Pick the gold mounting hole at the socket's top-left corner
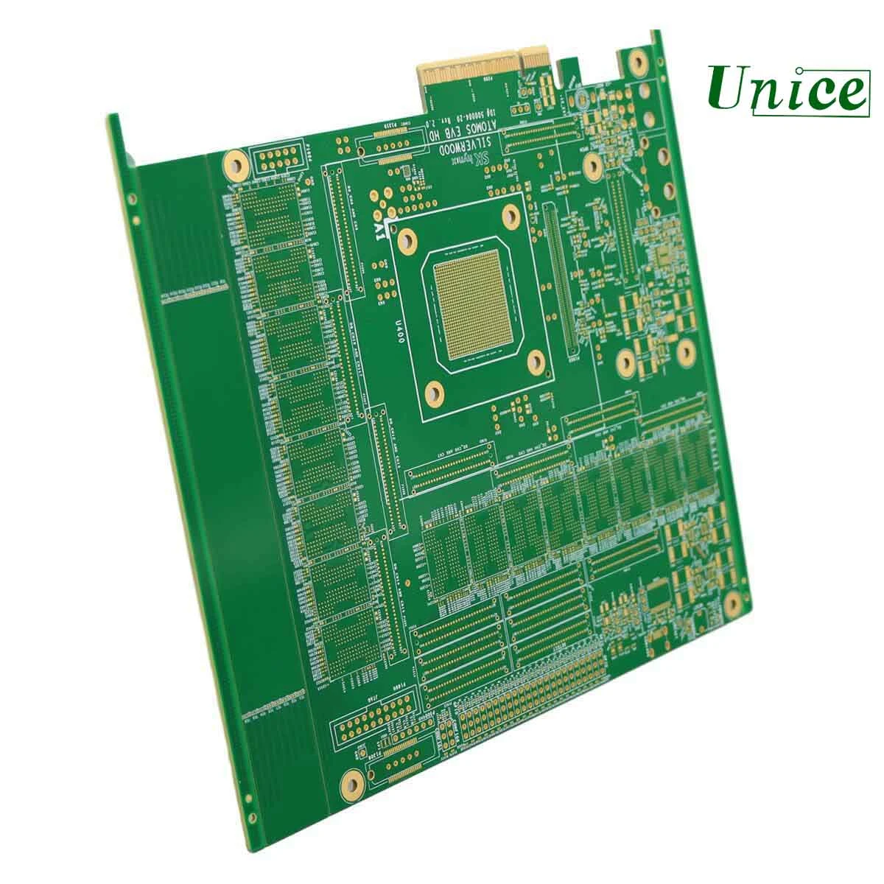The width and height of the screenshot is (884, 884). pyautogui.click(x=404, y=239)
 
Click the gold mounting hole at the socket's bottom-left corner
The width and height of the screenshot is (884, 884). pyautogui.click(x=435, y=393)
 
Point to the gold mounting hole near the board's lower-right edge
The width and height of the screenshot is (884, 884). pyautogui.click(x=732, y=606)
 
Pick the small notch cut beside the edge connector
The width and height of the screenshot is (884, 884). pyautogui.click(x=569, y=73)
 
